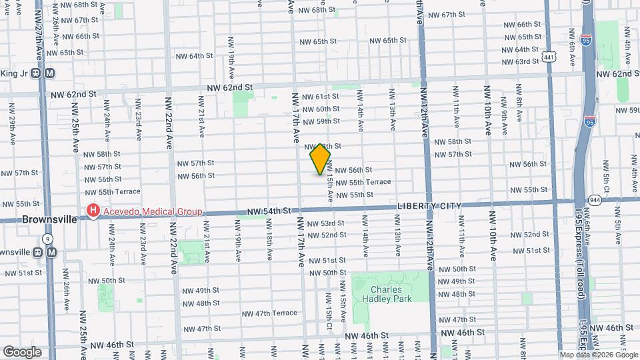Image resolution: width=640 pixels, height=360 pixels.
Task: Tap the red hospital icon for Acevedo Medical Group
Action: [x=92, y=212]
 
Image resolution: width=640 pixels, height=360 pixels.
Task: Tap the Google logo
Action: [x=21, y=352]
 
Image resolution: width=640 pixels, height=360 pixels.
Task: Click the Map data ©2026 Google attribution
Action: [x=599, y=355]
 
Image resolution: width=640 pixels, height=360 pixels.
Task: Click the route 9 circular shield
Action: [x=47, y=238]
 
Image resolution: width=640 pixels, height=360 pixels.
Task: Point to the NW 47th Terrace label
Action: [x=269, y=313]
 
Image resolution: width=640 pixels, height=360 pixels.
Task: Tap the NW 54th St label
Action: [x=269, y=211]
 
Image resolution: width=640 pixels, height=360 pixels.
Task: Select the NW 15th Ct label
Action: [x=329, y=309]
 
